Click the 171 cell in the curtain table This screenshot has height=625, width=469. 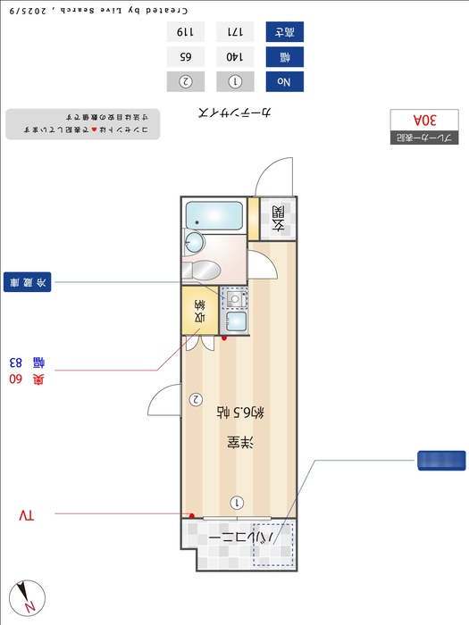(236, 31)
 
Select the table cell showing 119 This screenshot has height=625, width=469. (186, 31)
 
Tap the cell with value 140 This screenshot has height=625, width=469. (236, 56)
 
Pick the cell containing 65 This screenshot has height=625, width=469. (186, 56)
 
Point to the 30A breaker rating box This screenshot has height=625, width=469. (424, 119)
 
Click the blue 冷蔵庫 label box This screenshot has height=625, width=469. (28, 282)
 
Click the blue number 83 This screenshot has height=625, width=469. (15, 362)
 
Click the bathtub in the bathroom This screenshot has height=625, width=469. (214, 215)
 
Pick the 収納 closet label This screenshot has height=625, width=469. (200, 310)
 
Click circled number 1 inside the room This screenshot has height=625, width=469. (236, 503)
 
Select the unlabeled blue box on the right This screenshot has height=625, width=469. (441, 460)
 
